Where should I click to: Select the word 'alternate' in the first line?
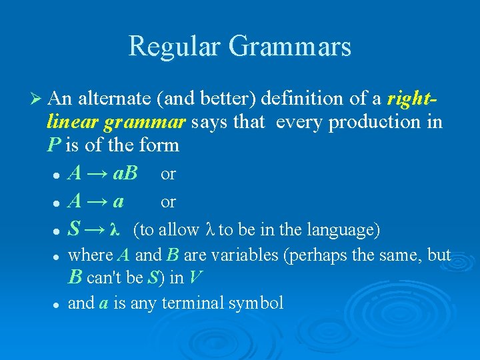tap(113, 99)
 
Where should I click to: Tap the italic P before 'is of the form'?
tap(53, 145)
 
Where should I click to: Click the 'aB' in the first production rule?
tap(125, 174)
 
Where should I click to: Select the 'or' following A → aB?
tap(168, 175)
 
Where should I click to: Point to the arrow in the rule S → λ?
tap(95, 230)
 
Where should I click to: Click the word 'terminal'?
tap(193, 303)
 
